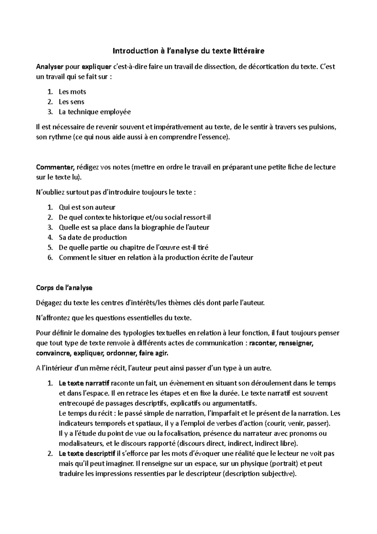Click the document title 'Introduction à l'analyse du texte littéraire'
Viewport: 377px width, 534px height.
click(x=188, y=51)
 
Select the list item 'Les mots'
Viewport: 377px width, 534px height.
click(x=72, y=92)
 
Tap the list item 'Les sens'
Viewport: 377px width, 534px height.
click(x=71, y=102)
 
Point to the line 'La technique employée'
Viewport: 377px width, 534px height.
click(x=95, y=112)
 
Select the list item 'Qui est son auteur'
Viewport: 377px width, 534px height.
click(x=87, y=208)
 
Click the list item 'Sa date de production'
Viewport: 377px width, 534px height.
click(x=93, y=237)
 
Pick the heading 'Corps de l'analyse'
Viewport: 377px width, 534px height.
click(x=64, y=288)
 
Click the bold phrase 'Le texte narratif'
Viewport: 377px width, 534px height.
click(x=84, y=383)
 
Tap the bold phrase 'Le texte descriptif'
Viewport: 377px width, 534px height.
click(x=87, y=454)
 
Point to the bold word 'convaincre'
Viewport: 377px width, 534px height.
click(x=53, y=353)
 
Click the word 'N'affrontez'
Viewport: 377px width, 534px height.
click(x=53, y=318)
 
